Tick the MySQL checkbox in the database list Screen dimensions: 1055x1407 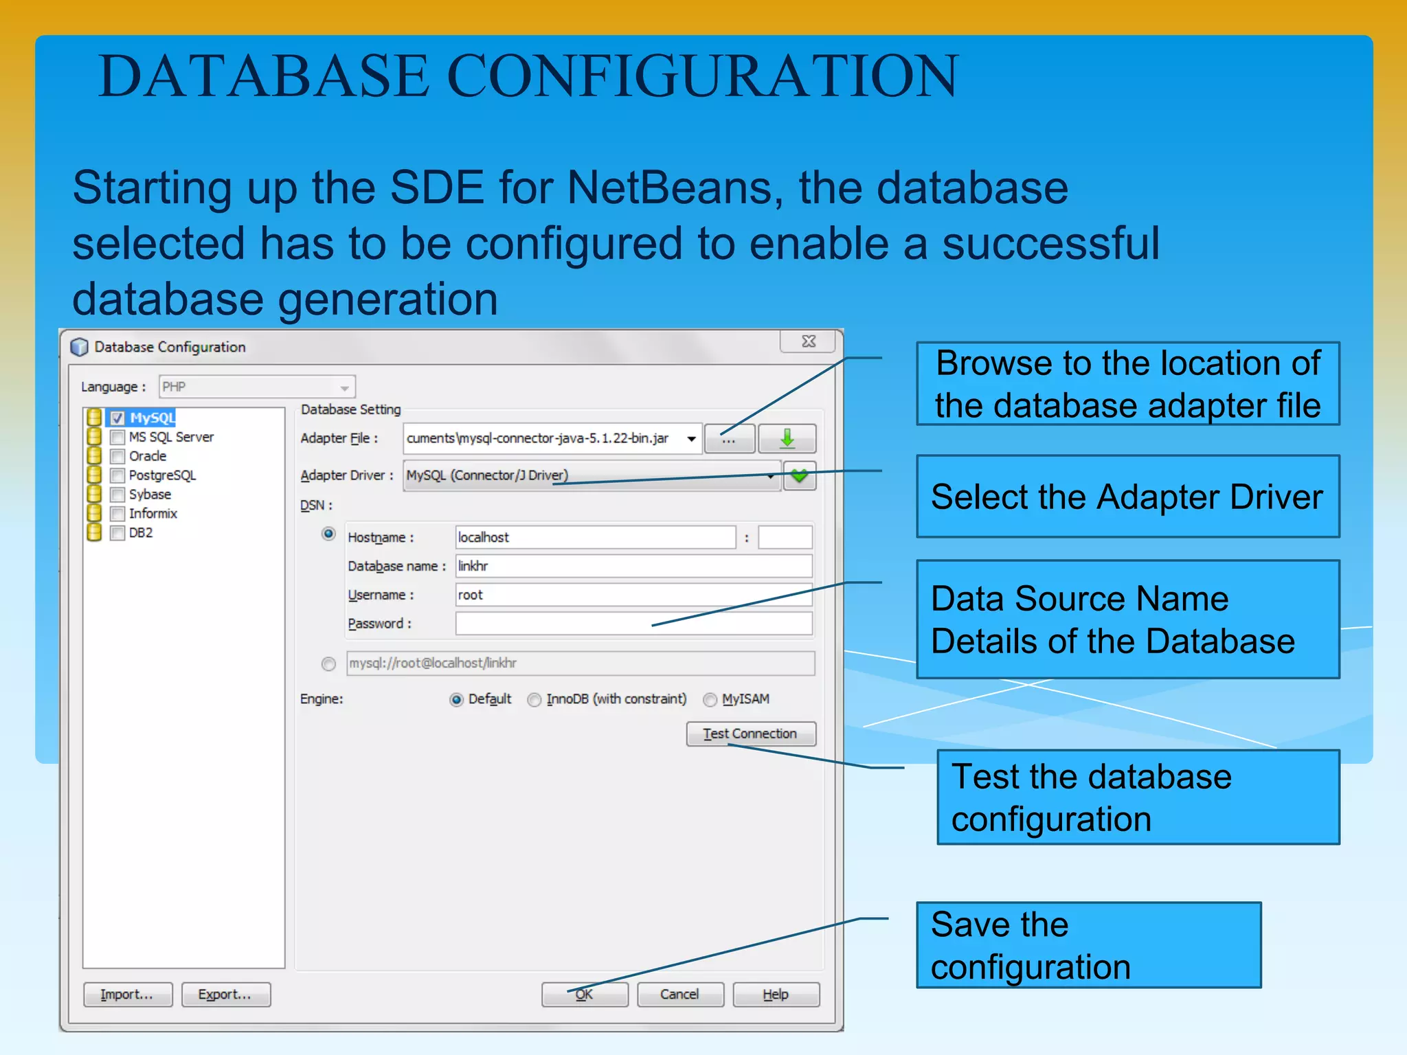tap(117, 418)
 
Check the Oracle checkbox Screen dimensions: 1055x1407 tap(117, 457)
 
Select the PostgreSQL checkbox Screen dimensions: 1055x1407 tap(117, 475)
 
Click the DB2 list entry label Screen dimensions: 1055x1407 tap(141, 533)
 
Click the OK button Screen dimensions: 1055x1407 tap(585, 995)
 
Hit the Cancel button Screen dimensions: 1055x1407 tap(679, 995)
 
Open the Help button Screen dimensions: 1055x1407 tap(776, 995)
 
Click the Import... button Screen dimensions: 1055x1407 tap(127, 995)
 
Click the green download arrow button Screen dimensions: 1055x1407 tap(787, 438)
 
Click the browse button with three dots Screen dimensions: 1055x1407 tap(729, 438)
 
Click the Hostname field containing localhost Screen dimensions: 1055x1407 tap(595, 537)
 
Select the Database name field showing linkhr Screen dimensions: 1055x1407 tap(633, 566)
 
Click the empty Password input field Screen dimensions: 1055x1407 tap(633, 624)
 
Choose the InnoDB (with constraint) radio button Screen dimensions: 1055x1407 tap(534, 700)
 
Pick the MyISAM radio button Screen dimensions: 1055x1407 tap(710, 700)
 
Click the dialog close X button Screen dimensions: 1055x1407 tap(809, 341)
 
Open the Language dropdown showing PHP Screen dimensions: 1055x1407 tap(257, 387)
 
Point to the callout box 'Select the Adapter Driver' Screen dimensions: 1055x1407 tap(1127, 496)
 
